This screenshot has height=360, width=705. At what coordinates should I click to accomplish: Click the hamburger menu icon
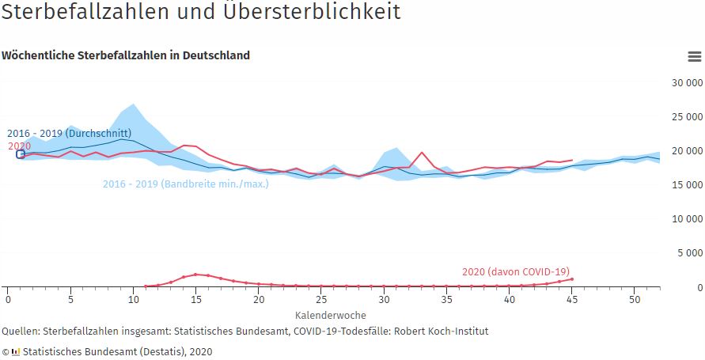(x=694, y=56)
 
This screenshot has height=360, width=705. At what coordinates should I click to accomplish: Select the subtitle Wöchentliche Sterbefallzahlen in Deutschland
(x=126, y=55)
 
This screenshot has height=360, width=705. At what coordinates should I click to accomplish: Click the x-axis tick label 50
(x=635, y=300)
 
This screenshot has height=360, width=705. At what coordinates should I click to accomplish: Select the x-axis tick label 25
(x=321, y=300)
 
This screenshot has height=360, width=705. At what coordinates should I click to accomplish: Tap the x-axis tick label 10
(x=133, y=300)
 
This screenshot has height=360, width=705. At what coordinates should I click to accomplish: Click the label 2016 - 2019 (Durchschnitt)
(x=70, y=134)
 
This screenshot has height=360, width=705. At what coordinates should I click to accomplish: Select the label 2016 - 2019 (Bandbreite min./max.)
(x=185, y=184)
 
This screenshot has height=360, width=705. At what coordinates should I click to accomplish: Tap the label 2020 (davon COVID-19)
(x=516, y=272)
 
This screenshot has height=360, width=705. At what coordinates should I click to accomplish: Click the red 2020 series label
(x=20, y=146)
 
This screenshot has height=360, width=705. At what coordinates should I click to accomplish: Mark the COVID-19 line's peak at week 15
(x=195, y=275)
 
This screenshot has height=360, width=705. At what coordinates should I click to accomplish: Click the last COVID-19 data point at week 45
(x=571, y=279)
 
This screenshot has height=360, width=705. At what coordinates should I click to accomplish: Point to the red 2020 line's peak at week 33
(x=422, y=153)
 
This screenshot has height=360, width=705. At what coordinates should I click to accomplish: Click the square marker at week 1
(x=21, y=154)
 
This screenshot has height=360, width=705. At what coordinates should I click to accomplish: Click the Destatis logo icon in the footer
(x=15, y=351)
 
